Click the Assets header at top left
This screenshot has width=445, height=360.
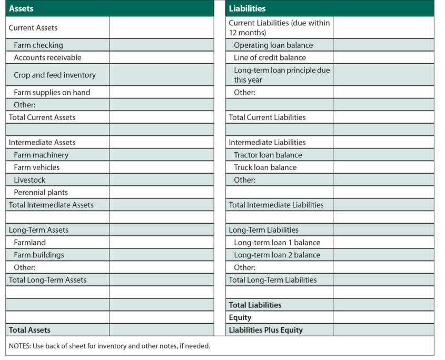(x=22, y=8)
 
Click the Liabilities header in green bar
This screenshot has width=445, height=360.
(x=247, y=8)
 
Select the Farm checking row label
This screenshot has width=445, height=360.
(x=38, y=45)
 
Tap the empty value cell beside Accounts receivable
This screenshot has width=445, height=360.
(x=162, y=58)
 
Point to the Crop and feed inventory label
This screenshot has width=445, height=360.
(x=55, y=75)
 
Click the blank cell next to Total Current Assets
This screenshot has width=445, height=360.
(x=162, y=117)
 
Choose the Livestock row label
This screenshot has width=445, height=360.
(x=29, y=180)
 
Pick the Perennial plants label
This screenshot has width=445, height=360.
(x=41, y=193)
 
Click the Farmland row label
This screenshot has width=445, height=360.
(x=30, y=243)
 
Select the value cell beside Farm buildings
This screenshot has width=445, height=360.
(x=162, y=255)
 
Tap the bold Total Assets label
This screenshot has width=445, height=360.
(x=30, y=330)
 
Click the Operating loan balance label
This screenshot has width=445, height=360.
(x=273, y=45)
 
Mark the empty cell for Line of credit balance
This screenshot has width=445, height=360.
(x=383, y=58)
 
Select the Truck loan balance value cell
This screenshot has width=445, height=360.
(x=383, y=167)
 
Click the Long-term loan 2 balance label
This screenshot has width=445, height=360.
(x=277, y=255)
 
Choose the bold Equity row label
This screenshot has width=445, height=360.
(x=240, y=317)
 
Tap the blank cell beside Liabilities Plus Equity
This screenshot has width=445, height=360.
(x=383, y=330)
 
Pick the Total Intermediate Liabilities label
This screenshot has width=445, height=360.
(x=276, y=205)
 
